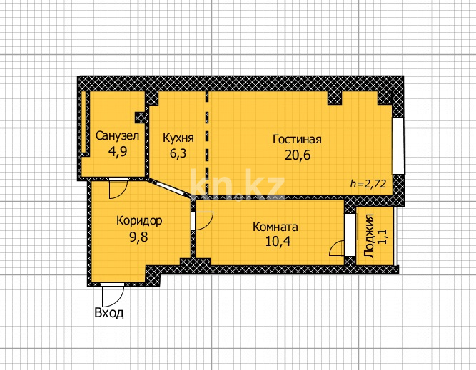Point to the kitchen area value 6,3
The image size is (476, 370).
pyautogui.click(x=177, y=153)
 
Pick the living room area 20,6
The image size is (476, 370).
pyautogui.click(x=296, y=154)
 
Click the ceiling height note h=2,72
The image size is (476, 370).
pyautogui.click(x=368, y=183)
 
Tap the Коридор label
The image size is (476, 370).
pyautogui.click(x=139, y=220)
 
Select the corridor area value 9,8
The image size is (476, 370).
pyautogui.click(x=138, y=237)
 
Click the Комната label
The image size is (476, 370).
pyautogui.click(x=275, y=227)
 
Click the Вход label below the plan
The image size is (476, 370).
pyautogui.click(x=108, y=312)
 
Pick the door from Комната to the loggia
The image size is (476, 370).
pyautogui.click(x=345, y=247)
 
